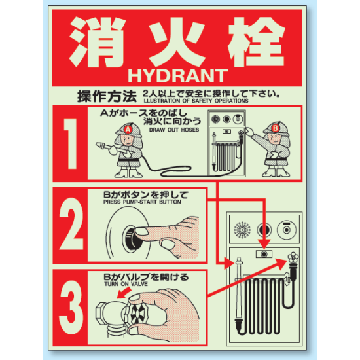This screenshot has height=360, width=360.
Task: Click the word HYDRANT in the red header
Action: (177, 76)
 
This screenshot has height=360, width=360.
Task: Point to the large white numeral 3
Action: (71, 307)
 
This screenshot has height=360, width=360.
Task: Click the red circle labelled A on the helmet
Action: (128, 130)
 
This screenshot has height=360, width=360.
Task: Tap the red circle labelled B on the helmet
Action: (275, 128)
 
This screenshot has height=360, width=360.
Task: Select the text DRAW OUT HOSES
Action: (174, 130)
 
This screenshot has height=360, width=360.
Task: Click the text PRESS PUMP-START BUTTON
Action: (142, 202)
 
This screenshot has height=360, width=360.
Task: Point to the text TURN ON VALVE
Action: (126, 284)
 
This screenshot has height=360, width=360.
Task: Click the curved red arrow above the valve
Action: (124, 293)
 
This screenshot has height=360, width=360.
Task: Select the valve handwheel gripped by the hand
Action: (137, 314)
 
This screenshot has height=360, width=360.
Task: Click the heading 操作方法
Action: (107, 96)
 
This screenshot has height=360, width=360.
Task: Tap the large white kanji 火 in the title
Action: (177, 41)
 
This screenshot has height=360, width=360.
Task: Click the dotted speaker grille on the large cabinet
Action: (242, 230)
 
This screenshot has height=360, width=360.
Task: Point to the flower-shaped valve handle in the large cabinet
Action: (293, 258)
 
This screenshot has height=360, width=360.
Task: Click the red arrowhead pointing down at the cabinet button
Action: (264, 244)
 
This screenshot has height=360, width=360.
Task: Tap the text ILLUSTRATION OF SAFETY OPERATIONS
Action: (196, 101)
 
